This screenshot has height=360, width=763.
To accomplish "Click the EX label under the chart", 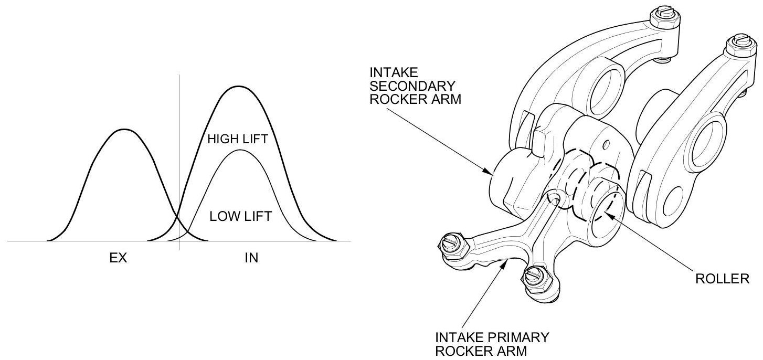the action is click(119, 259).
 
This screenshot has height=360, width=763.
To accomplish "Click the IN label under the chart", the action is click(252, 259).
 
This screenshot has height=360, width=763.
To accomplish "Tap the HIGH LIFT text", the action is click(238, 139).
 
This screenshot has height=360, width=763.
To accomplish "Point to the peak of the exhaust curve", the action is click(123, 129).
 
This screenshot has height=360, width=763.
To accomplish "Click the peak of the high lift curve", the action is click(238, 87).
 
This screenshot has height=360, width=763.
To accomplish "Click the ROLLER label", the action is click(722, 279).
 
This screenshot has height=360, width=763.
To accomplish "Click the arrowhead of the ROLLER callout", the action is click(607, 213).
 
